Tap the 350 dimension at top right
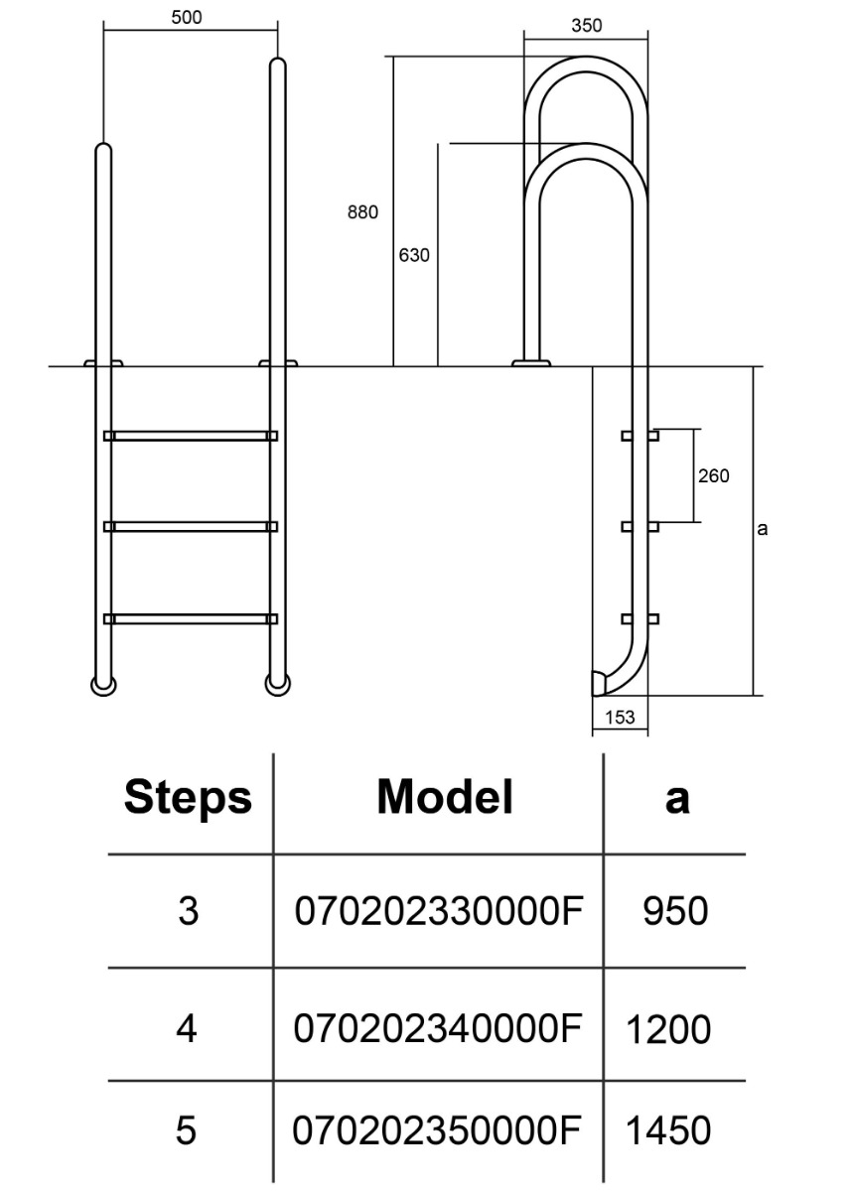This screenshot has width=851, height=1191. [587, 26]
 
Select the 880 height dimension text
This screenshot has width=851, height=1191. [362, 211]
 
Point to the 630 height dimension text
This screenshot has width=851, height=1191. [414, 255]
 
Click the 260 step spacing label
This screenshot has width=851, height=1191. [713, 475]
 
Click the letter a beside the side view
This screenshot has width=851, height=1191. [763, 529]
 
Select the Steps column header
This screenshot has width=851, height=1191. [188, 797]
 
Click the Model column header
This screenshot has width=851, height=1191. [445, 796]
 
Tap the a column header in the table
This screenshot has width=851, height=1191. [676, 797]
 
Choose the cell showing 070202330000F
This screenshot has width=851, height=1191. [437, 910]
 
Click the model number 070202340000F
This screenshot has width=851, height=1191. [437, 1028]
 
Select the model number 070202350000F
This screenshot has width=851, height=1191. [437, 1129]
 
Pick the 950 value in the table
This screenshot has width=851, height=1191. [675, 911]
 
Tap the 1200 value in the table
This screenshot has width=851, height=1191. [668, 1030]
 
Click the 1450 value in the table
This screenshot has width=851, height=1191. [668, 1130]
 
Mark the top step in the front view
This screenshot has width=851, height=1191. [191, 436]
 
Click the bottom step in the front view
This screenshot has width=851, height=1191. [191, 619]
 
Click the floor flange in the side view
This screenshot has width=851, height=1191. [531, 363]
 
